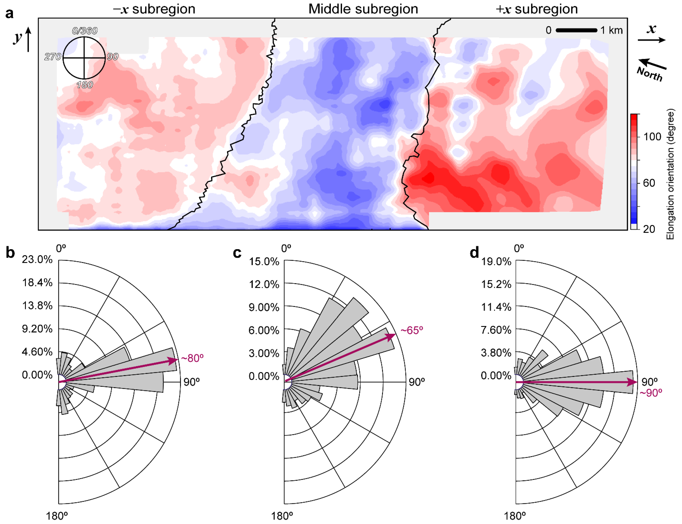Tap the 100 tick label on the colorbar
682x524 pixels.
click(652, 137)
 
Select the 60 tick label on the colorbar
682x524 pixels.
click(649, 183)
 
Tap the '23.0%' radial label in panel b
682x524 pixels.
click(37, 259)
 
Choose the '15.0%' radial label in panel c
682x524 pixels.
click(264, 261)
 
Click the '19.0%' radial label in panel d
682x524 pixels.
click(496, 261)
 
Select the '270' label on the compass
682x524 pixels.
click(53, 57)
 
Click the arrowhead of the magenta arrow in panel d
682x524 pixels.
click(633, 382)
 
